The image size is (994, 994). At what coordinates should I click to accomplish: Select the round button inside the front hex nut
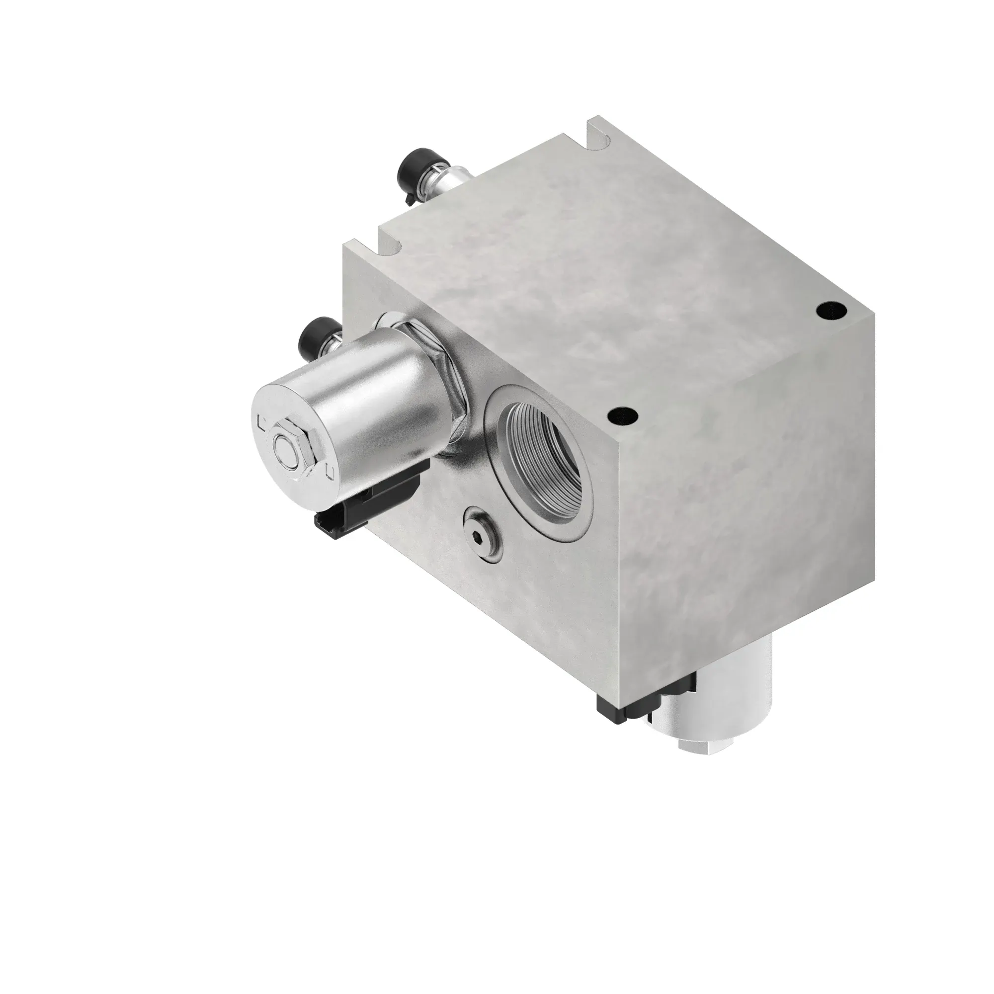(284, 443)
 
